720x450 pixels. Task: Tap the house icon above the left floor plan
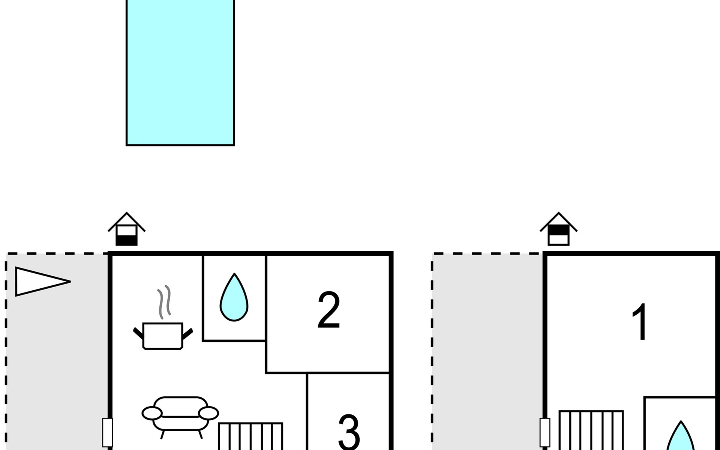pyautogui.click(x=127, y=229)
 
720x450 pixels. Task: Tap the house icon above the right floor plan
pyautogui.click(x=559, y=229)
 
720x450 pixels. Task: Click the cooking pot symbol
pyautogui.click(x=163, y=336)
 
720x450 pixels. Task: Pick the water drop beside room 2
pyautogui.click(x=234, y=298)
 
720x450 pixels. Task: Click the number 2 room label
pyautogui.click(x=328, y=310)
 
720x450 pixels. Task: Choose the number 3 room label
pyautogui.click(x=349, y=431)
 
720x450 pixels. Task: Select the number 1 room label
pyautogui.click(x=640, y=322)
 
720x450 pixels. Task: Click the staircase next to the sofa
pyautogui.click(x=250, y=436)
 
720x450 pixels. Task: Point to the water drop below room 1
pyautogui.click(x=681, y=437)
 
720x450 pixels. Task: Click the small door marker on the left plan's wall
pyautogui.click(x=108, y=432)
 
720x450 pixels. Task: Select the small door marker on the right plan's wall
pyautogui.click(x=545, y=432)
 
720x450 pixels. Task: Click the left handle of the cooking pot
pyautogui.click(x=138, y=333)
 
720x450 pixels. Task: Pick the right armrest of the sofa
pyautogui.click(x=208, y=413)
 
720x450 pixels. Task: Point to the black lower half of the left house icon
pyautogui.click(x=126, y=240)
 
